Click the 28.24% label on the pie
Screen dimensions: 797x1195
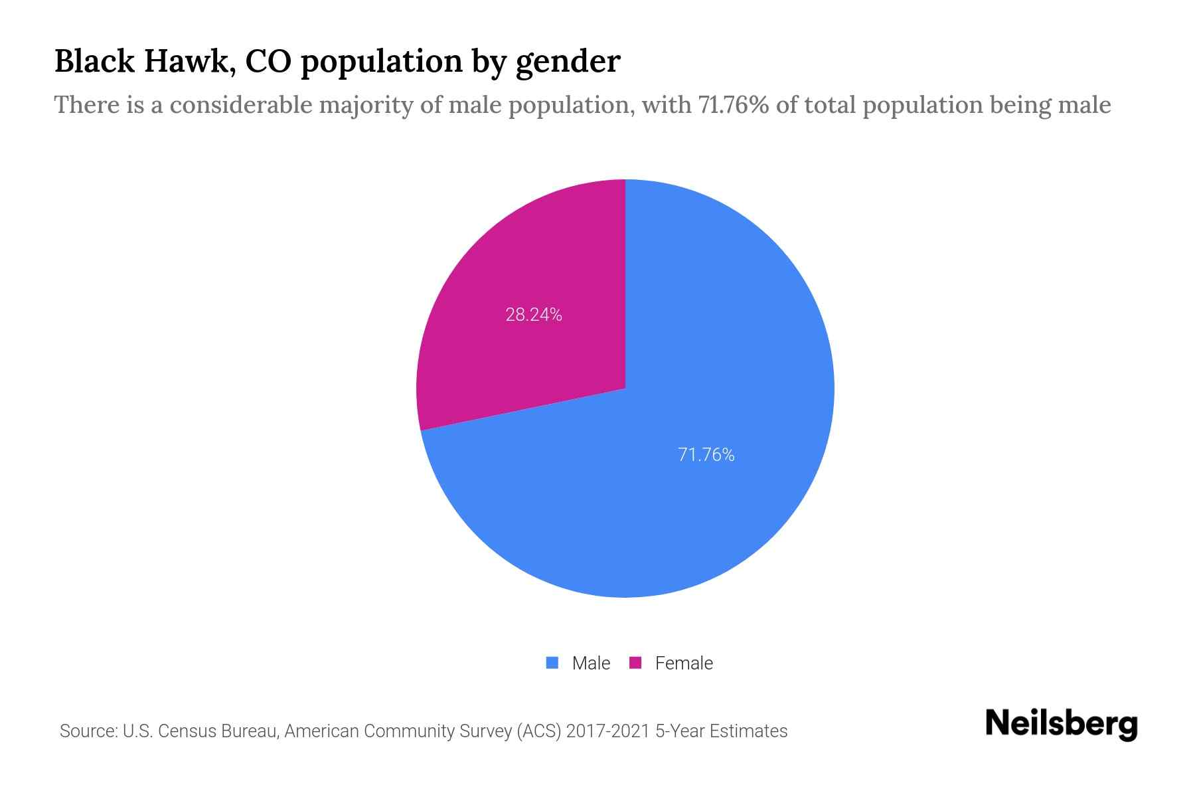[x=534, y=315]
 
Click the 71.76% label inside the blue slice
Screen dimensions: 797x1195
[x=706, y=455]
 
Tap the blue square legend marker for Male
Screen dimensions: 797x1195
[x=552, y=663]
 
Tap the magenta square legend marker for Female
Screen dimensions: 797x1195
[x=635, y=663]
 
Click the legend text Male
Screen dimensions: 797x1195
[x=591, y=664]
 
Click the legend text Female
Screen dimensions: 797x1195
[x=684, y=664]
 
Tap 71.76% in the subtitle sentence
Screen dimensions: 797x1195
[x=733, y=105]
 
